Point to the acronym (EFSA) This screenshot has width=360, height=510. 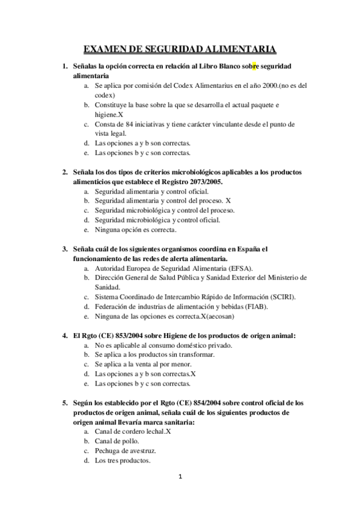click(x=239, y=268)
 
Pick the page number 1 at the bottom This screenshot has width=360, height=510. click(x=180, y=476)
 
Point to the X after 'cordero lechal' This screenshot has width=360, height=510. click(x=169, y=432)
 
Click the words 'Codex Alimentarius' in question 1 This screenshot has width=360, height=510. click(x=178, y=86)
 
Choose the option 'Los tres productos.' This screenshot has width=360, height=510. click(x=123, y=461)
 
